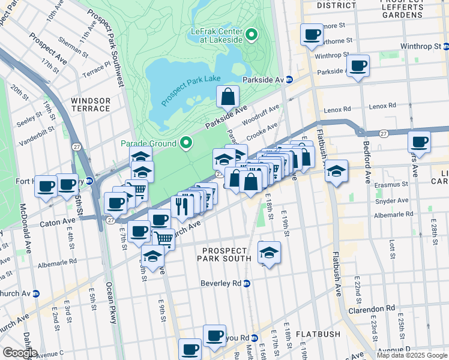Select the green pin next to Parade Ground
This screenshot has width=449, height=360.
[x=186, y=143]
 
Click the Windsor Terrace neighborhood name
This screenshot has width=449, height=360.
[x=90, y=104]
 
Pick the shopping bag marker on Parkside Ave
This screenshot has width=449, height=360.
[x=228, y=96]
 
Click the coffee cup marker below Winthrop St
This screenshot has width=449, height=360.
[x=358, y=65]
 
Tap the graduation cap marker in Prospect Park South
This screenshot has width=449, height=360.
[x=269, y=252]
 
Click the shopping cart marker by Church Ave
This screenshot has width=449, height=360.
[x=163, y=239]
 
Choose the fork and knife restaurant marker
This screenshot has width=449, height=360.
[x=181, y=205]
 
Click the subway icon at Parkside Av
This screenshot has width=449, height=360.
[x=289, y=79]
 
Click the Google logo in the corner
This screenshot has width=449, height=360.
[x=19, y=353]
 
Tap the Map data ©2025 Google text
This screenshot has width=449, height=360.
[x=411, y=355]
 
